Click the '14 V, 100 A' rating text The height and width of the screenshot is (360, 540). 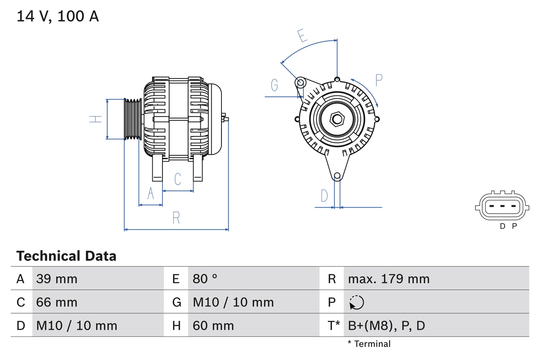(x=58, y=16)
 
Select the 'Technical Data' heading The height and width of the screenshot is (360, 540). (x=66, y=256)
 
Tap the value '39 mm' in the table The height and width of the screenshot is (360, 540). (x=57, y=279)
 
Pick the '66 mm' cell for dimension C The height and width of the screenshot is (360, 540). (x=57, y=302)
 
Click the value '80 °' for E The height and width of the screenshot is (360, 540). (x=205, y=279)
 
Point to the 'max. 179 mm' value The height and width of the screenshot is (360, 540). (x=389, y=279)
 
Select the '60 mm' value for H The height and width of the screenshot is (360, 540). (x=213, y=325)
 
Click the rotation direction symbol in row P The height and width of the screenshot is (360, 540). (x=356, y=302)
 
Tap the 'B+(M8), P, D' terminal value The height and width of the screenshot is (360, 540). (x=386, y=325)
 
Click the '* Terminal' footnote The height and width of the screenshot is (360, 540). (x=369, y=344)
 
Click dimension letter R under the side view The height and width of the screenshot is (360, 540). (x=176, y=218)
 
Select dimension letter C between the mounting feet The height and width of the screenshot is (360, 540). (x=178, y=179)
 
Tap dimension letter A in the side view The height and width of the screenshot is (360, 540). (x=151, y=194)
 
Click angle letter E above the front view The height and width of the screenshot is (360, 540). (x=302, y=36)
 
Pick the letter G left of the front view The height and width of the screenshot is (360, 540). (x=275, y=85)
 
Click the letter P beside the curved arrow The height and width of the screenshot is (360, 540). (x=378, y=80)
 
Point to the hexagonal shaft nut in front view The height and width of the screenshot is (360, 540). (x=337, y=119)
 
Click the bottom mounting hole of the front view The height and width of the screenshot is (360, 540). (x=337, y=176)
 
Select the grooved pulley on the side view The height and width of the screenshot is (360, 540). (x=132, y=119)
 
